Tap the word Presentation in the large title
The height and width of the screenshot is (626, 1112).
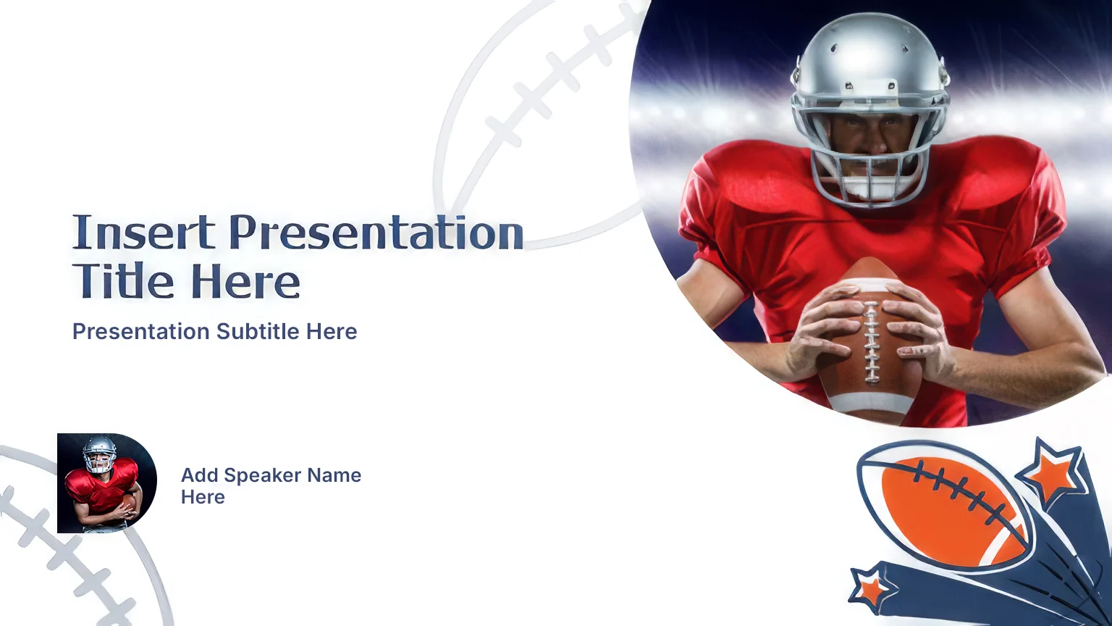tap(376, 232)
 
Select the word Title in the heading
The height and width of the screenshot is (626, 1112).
tap(123, 280)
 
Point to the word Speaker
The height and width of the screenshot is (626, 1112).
tap(263, 476)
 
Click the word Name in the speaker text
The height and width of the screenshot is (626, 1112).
tap(334, 475)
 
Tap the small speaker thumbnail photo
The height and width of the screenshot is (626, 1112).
tap(107, 483)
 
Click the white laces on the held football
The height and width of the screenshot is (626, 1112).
tap(871, 343)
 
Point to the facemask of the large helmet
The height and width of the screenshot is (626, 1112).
tap(869, 154)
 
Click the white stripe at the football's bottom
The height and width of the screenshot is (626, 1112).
tap(869, 402)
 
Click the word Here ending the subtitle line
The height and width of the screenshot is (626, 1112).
tap(331, 331)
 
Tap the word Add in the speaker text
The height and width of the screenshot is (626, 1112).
tap(200, 475)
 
